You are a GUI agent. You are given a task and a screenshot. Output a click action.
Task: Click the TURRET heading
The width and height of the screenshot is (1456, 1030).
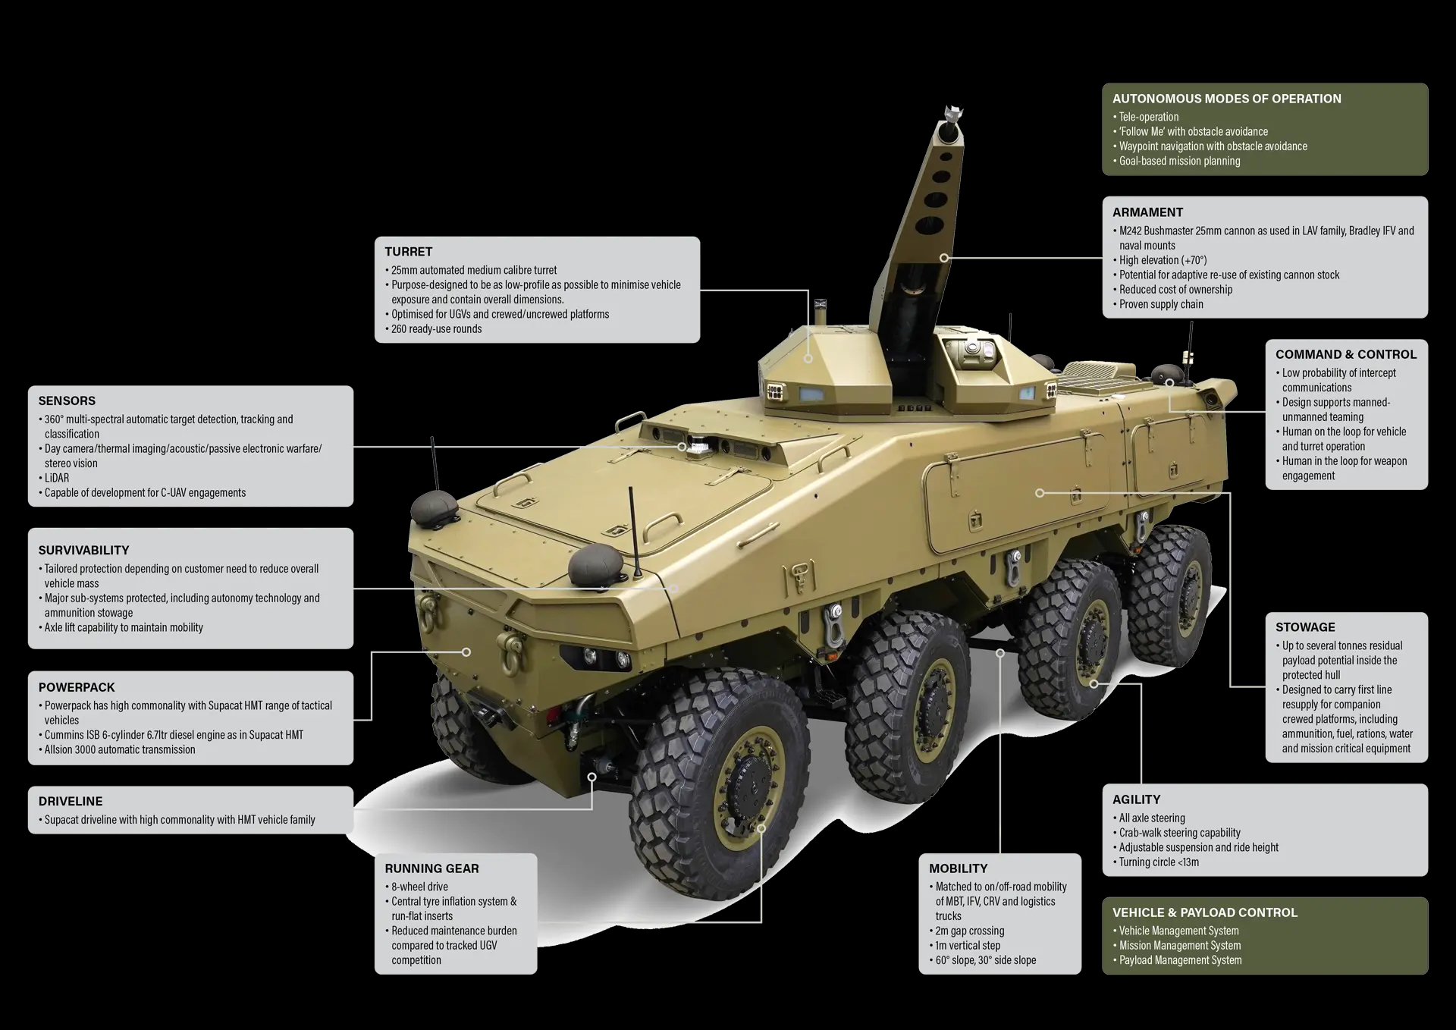point(408,252)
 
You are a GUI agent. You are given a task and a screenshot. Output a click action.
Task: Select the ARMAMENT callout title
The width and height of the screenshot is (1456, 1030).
point(1147,212)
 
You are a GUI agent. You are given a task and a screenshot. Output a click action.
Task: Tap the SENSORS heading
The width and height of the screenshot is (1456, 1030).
point(67,400)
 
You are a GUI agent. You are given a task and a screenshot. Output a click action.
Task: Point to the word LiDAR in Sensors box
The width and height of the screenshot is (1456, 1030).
point(57,478)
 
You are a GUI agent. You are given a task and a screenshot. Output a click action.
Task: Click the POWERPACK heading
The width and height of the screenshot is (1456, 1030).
point(77,687)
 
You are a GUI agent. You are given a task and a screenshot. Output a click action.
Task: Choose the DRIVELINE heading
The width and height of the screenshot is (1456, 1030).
point(71,801)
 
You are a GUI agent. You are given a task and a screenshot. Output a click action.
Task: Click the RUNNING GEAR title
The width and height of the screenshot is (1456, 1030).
point(431,868)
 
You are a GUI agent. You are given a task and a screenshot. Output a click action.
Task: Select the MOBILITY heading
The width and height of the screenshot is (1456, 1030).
point(959,868)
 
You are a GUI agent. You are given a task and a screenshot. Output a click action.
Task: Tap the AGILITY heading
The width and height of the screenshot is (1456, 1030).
point(1136,799)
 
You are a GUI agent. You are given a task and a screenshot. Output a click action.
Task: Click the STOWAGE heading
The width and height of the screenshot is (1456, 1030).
point(1305,627)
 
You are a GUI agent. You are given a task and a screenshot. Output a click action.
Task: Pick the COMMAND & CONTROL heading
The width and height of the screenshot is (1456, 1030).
point(1346,354)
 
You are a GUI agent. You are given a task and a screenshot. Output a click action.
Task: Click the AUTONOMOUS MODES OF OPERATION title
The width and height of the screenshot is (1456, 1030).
point(1227,99)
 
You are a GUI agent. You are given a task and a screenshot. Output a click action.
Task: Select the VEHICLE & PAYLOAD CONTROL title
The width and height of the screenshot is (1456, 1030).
point(1205,912)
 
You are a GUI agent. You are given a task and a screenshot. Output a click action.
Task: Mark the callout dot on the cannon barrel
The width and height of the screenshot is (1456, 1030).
point(944,258)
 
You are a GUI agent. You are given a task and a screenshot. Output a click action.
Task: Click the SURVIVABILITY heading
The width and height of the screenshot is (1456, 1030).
point(83,550)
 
